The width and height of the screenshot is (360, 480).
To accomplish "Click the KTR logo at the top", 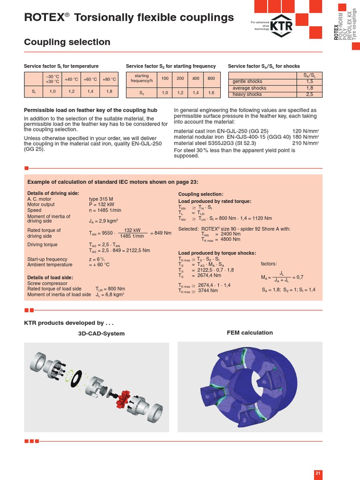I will (x=283, y=25).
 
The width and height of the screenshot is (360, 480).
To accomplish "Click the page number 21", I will (x=318, y=473).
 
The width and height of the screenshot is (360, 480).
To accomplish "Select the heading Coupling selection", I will (x=67, y=42).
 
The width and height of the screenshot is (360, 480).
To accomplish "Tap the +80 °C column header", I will (x=109, y=79).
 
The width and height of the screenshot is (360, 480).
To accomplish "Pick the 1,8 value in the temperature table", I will (x=109, y=91).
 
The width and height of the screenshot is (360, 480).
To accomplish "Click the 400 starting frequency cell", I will (x=195, y=78).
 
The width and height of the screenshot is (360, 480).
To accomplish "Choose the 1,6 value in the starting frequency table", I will (x=211, y=93).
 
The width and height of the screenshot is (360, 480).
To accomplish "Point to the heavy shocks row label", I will (x=247, y=94).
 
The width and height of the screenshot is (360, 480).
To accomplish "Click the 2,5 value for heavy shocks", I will (x=309, y=94).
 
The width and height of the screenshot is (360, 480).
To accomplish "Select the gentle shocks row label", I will (x=248, y=81).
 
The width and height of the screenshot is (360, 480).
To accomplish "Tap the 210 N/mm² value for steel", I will (x=305, y=143).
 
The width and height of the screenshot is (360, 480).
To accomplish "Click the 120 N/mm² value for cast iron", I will (x=305, y=131).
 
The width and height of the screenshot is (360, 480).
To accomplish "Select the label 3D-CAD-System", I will (x=101, y=333).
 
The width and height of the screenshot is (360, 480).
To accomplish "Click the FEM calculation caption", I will (x=249, y=332).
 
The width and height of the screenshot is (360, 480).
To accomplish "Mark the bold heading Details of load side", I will (x=50, y=277).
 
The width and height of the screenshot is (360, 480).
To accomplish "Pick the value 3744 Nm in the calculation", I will (x=208, y=291).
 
